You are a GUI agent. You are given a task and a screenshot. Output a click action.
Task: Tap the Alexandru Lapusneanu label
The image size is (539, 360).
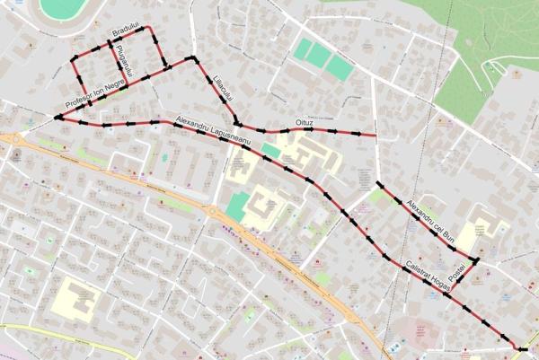[214, 131]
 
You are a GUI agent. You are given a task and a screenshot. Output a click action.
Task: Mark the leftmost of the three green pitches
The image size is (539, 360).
[304, 49]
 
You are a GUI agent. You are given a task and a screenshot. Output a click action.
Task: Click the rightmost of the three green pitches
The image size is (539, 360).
[340, 67]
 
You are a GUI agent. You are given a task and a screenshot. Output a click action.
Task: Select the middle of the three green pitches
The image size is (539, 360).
[321, 57]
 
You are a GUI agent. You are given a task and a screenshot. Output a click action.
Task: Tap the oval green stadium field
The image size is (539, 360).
[63, 9]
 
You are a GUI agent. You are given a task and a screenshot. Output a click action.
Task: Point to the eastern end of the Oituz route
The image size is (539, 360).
[376, 136]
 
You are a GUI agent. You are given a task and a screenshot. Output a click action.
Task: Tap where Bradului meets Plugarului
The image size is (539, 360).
[110, 40]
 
